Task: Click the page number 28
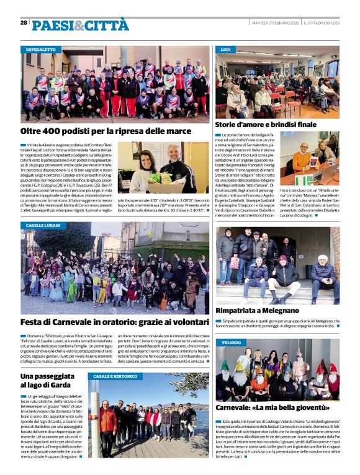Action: [24, 22]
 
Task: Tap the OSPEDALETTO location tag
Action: [41, 49]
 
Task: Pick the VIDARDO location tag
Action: [230, 342]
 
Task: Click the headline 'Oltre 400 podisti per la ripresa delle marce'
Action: [106, 131]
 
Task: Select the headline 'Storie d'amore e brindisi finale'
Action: [266, 125]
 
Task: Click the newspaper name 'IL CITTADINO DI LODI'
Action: [322, 23]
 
